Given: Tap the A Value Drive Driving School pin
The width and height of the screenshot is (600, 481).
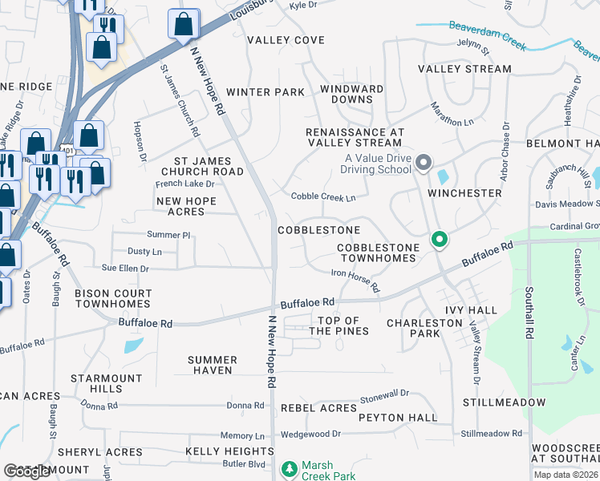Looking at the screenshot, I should point(424,164).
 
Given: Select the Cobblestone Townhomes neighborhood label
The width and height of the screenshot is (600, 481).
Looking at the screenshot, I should point(376,253).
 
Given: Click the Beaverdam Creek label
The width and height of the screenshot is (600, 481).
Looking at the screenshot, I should point(488,34).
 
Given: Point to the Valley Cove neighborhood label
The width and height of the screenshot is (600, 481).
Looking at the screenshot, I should point(286,40).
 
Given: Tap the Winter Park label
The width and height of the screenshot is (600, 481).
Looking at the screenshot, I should point(265,92).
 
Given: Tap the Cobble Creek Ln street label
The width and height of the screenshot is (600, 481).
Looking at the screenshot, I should point(322,197).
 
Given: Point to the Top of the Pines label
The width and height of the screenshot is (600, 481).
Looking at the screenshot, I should point(343,325).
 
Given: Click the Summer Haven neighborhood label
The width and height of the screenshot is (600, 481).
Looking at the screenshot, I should point(213,365).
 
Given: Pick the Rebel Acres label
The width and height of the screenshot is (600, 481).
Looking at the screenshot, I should point(318,408).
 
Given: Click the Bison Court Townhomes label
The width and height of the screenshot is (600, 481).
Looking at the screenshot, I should point(112,299).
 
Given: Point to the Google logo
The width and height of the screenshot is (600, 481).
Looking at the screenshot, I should point(27,471).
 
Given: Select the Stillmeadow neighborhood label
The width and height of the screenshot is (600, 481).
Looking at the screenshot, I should point(504,402).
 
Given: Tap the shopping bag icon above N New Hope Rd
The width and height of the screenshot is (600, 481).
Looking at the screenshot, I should point(184,24).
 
